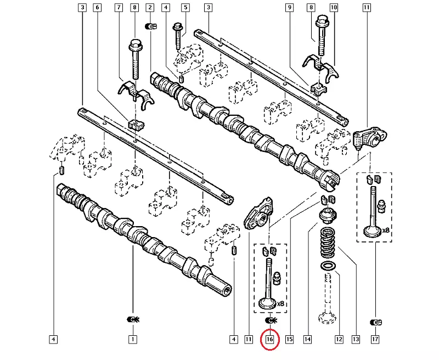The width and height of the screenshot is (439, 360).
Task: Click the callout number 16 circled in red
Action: click(x=269, y=340)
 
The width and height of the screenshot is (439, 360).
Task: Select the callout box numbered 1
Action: click(x=132, y=340)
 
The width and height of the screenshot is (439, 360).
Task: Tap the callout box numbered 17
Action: click(x=375, y=340)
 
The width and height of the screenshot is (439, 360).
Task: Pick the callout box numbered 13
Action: click(x=356, y=340)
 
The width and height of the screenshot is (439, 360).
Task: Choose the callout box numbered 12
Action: click(x=339, y=340)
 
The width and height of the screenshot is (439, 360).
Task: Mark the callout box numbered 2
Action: click(x=150, y=8)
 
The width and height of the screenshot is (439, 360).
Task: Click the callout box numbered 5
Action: click(x=185, y=8)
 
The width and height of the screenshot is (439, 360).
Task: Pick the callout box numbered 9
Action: click(x=289, y=8)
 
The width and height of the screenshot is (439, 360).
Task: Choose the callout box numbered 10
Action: click(x=333, y=8)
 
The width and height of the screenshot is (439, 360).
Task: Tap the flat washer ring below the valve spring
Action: click(x=328, y=267)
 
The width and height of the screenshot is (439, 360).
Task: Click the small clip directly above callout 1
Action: click(x=132, y=319)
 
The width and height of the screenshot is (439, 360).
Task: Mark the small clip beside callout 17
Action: click(x=375, y=321)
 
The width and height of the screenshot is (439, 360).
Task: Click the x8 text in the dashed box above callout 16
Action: click(x=281, y=303)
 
